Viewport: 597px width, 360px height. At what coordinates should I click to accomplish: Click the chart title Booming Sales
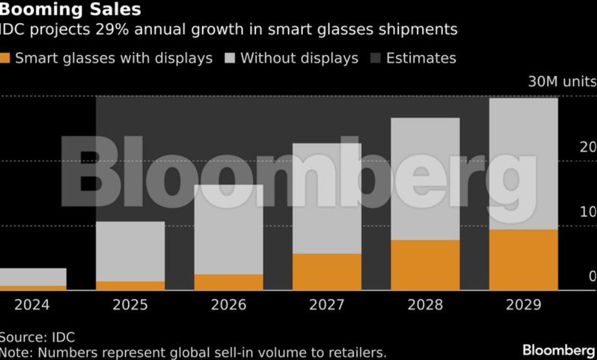[70, 9]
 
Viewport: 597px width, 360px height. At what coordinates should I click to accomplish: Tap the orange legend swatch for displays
[5, 58]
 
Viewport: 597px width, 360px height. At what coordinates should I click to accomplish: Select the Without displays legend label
[299, 58]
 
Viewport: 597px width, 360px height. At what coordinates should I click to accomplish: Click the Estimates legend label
[421, 58]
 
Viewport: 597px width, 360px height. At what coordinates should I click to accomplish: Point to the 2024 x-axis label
[32, 305]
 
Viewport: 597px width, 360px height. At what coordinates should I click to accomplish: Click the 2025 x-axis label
[130, 305]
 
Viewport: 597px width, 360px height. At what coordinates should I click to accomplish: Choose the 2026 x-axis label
[229, 305]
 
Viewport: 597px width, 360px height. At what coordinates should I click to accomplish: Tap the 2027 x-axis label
[327, 305]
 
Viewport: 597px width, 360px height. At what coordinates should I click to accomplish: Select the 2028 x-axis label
[425, 305]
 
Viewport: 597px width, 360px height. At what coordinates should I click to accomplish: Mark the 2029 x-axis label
[523, 305]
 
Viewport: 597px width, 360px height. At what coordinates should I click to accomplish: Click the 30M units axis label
[561, 82]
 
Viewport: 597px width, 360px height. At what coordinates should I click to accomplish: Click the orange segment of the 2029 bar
[523, 260]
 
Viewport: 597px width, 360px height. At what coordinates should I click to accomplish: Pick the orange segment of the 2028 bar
[425, 265]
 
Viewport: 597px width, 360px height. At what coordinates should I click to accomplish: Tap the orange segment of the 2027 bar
[327, 272]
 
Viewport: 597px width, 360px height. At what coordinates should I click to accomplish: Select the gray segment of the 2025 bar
[130, 251]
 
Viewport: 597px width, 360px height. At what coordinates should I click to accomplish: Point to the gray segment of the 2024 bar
[32, 277]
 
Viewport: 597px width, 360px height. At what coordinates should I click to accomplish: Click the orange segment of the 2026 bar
[229, 282]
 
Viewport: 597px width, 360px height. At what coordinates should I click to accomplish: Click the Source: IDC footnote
[37, 337]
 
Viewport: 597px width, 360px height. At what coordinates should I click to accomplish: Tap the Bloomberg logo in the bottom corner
[558, 350]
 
